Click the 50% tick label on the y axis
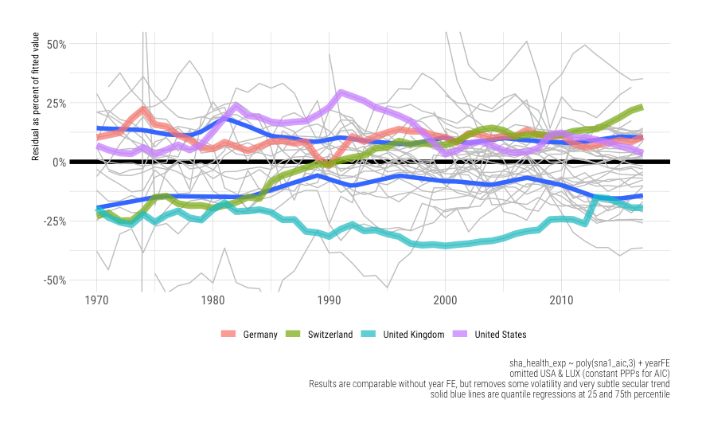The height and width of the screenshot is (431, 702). point(55,43)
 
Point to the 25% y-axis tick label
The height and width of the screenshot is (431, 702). point(55,103)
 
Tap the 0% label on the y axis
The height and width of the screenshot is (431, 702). point(58,162)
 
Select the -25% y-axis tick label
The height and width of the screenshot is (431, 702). point(53,221)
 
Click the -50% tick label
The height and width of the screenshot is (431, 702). point(53,280)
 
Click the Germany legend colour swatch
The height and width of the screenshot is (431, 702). point(228,335)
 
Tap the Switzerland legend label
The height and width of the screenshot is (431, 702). point(330,335)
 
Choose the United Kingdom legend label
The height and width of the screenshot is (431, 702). point(413,335)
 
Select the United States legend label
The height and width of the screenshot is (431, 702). point(500,335)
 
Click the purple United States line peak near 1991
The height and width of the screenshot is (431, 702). point(341,94)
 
